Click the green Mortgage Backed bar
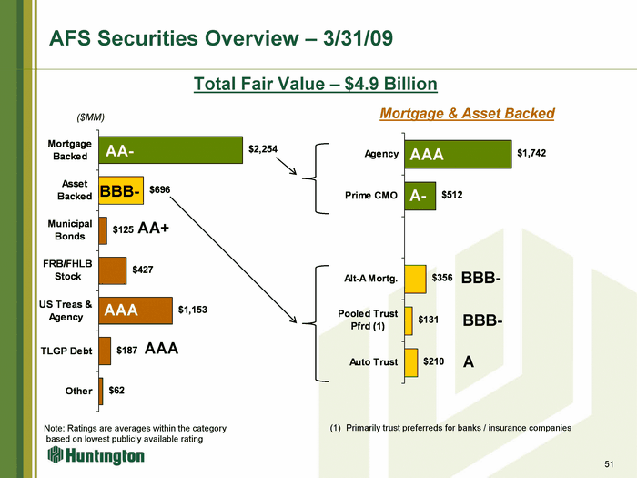pos(171,150)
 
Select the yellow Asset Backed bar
pos(121,190)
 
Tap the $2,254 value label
pos(263,149)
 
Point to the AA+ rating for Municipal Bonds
pos(154,228)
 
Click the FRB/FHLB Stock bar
pos(113,270)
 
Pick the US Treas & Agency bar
pos(136,310)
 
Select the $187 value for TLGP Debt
pos(126,350)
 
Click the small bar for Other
pos(101,391)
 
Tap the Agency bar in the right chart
pos(458,155)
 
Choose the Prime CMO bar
pos(420,196)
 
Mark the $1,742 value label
pos(531,153)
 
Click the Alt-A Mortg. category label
pos(371,279)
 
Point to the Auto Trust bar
pos(411,362)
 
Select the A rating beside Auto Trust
pos(469,361)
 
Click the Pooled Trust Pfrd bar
pos(409,320)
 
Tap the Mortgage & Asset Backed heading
pos(467,114)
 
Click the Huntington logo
pos(96,455)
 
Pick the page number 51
pos(609,464)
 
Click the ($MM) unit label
pos(91,117)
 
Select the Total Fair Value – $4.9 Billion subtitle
pos(316,84)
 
